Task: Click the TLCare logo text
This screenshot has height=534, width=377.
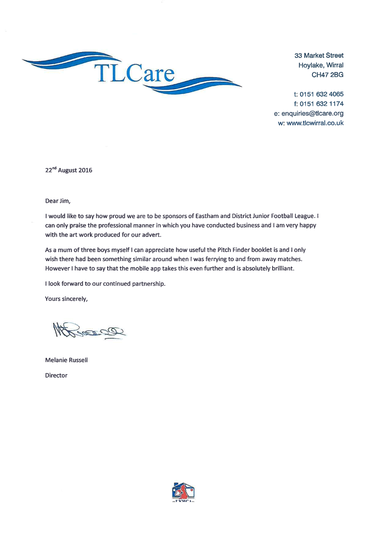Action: click(x=135, y=73)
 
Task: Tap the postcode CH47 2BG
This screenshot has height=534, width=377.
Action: click(x=327, y=75)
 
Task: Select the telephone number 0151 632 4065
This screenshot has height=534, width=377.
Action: click(x=321, y=94)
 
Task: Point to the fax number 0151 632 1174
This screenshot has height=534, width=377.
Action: click(x=321, y=104)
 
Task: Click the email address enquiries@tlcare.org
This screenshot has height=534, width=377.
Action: click(x=312, y=113)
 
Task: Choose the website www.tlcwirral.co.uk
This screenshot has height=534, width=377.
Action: click(x=315, y=123)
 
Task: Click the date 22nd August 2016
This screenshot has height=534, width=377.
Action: click(x=68, y=170)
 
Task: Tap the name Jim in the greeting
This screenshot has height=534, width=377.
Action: click(x=64, y=201)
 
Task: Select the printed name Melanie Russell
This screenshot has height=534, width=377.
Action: click(x=66, y=360)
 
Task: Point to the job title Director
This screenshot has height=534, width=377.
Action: click(x=56, y=375)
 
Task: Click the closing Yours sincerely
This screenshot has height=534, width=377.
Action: click(x=66, y=299)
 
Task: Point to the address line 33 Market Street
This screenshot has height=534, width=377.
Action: click(x=319, y=56)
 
